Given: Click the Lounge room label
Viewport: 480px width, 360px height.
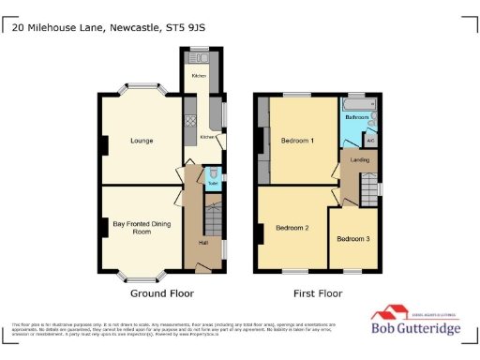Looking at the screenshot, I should click(x=142, y=141).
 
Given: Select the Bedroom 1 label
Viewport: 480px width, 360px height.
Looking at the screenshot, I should click(x=297, y=141).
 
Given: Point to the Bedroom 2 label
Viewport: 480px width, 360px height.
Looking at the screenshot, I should click(x=292, y=227).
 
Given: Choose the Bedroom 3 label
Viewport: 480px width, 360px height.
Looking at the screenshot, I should click(x=353, y=239).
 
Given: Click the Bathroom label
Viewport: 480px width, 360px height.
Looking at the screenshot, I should click(x=356, y=118).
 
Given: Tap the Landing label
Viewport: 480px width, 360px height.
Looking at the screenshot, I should click(x=359, y=160).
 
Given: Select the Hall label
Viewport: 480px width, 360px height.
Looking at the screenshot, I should click(x=202, y=244).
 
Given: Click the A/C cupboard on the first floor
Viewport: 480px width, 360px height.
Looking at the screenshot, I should click(x=370, y=141).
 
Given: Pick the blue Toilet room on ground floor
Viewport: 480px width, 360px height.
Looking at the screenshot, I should click(x=213, y=177).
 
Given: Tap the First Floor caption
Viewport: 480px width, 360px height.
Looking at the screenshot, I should click(x=318, y=293).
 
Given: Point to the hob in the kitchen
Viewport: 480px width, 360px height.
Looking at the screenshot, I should click(x=190, y=120).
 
